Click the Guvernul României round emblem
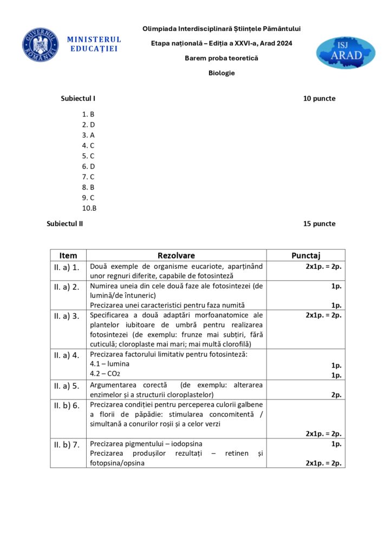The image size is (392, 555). [x=41, y=44]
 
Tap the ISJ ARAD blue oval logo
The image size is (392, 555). [x=345, y=53]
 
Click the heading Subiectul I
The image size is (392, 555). [x=79, y=99]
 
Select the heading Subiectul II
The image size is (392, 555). [x=65, y=223]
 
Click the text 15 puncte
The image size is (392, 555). [x=319, y=223]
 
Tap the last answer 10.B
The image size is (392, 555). [x=89, y=208]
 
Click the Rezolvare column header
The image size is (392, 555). [x=176, y=255]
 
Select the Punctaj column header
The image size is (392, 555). [x=306, y=255]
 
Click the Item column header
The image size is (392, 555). [x=68, y=255]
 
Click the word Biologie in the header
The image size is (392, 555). [x=221, y=73]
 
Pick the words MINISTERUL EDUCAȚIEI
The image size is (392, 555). [x=94, y=44]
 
